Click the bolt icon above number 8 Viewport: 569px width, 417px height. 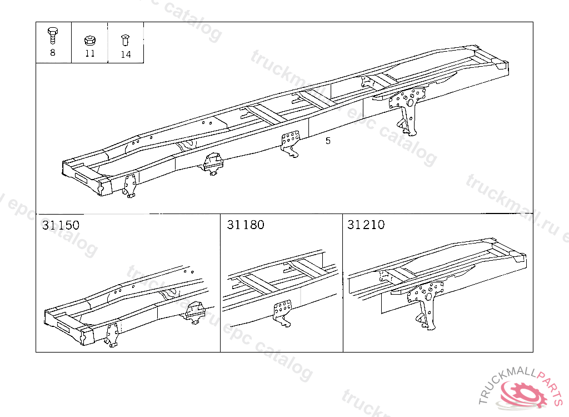click(53, 36)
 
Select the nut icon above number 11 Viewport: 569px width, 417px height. click(89, 40)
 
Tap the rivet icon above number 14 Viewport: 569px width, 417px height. click(125, 40)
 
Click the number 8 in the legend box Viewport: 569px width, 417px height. click(53, 53)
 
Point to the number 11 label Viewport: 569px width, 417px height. click(89, 54)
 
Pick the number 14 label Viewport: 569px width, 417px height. click(126, 54)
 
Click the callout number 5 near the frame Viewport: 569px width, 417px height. click(328, 141)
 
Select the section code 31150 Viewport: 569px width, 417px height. click(61, 225)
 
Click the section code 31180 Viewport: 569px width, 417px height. click(246, 225)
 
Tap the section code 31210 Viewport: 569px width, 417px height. click(366, 225)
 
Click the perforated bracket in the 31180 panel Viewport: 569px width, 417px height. click(282, 312)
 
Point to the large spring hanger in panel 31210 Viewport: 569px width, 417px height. click(427, 304)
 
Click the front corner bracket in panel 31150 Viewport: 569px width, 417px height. click(112, 335)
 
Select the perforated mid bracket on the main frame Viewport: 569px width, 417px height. click(290, 143)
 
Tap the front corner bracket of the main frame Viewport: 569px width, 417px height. click(130, 186)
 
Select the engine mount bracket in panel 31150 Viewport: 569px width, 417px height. click(195, 312)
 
